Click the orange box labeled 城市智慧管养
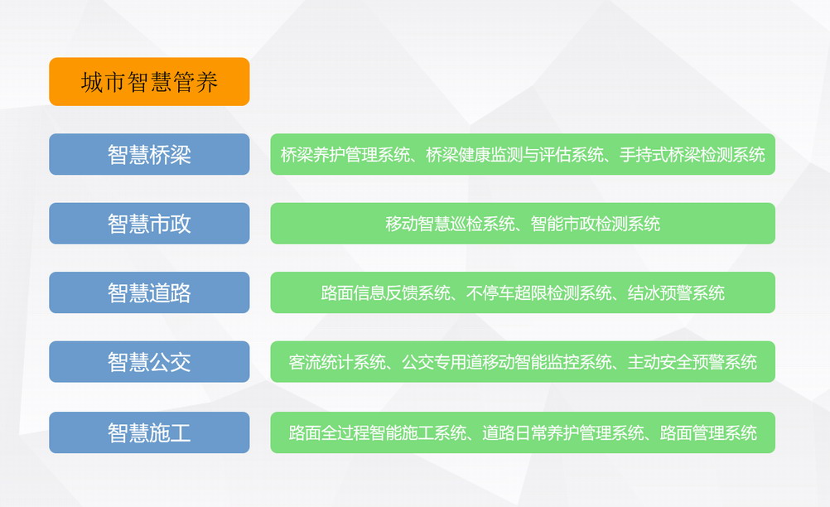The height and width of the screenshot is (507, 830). coord(149,81)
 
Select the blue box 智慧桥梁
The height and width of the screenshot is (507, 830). coord(149,154)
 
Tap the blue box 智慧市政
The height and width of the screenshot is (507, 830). coord(149,224)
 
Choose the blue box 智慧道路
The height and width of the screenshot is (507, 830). coord(149,292)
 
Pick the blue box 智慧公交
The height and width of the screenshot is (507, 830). coord(149,362)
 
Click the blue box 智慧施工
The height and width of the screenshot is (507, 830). coord(149,432)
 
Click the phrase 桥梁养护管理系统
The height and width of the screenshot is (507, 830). coord(345,155)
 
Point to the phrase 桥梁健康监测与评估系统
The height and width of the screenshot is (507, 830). coord(514,155)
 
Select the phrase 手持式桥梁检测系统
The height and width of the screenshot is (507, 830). coord(692,155)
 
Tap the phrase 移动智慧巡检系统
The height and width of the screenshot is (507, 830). coord(450,224)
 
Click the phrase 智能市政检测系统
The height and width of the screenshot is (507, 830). coord(596,224)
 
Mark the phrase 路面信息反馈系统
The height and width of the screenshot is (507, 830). coord(385,292)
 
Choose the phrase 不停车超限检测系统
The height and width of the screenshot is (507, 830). coord(539,292)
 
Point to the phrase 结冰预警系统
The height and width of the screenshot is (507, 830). coord(676,292)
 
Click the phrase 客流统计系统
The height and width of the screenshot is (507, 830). coord(337,362)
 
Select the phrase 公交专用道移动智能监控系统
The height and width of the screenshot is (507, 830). coord(507,362)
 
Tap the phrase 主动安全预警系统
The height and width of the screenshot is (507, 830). coord(692,362)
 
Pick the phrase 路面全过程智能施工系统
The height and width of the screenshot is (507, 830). coord(378,433)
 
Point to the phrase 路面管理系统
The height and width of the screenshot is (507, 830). coord(709,433)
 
